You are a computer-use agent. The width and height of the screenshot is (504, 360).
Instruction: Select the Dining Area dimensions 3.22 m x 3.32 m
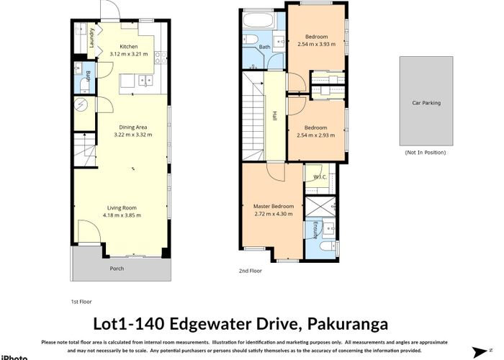[132, 135]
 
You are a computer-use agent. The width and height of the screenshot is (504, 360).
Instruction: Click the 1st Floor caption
[81, 302]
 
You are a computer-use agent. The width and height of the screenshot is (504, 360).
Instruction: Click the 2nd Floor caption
[250, 271]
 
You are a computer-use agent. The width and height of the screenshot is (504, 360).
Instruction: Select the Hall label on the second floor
[275, 115]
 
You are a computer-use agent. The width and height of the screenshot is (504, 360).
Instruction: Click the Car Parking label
[426, 103]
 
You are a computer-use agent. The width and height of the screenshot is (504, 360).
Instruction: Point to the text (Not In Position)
[426, 153]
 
